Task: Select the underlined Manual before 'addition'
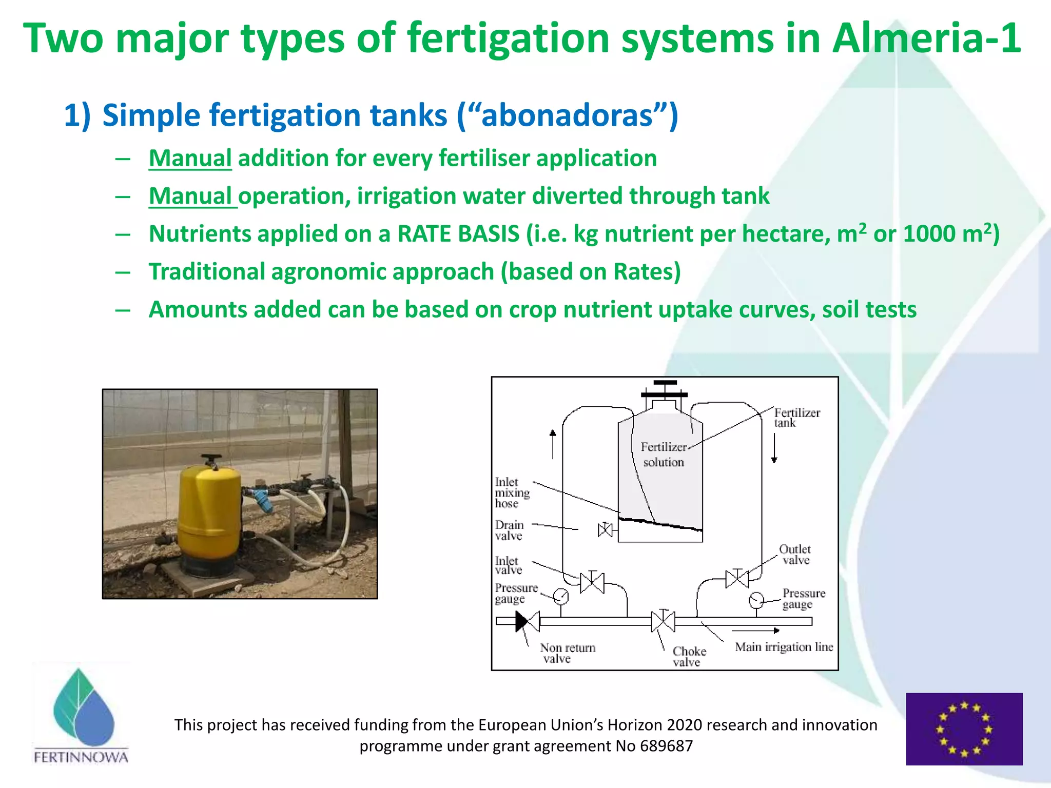coord(190,158)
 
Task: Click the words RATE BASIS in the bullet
coord(458,234)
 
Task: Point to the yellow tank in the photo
coord(209,518)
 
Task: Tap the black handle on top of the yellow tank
coord(210,459)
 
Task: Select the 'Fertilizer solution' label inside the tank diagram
coord(663,455)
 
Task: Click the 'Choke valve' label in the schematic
coord(689,657)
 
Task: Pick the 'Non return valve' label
coord(567,653)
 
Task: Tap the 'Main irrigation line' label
coord(784,647)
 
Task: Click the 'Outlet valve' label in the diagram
coord(795,555)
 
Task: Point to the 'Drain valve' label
coord(509,530)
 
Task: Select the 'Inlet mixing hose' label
coord(511,493)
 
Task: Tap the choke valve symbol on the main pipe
coord(663,621)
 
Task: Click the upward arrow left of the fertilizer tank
coord(553,444)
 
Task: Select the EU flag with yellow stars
coord(964,729)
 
